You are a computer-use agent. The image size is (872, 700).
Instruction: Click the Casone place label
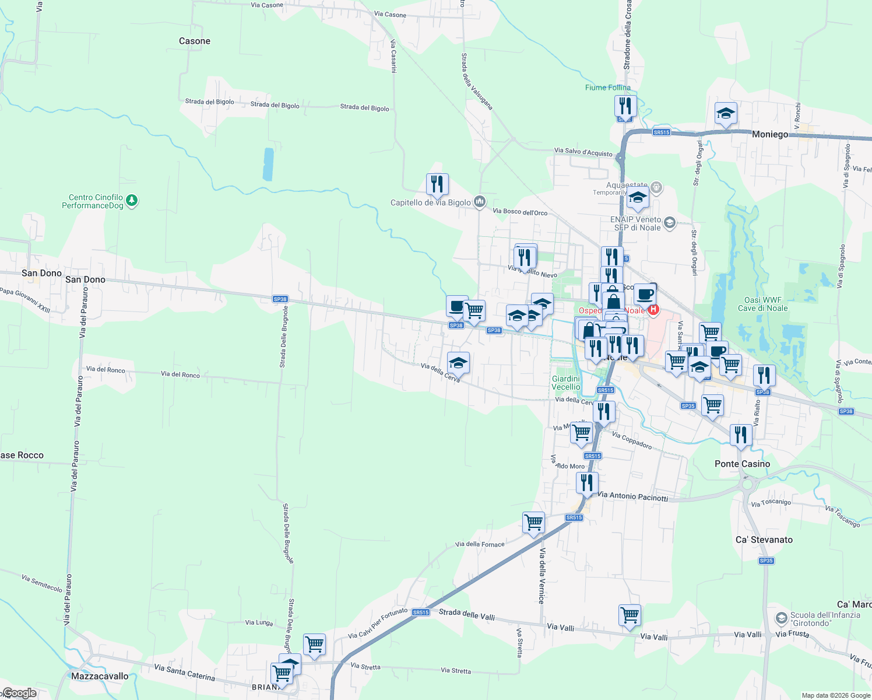click(x=195, y=41)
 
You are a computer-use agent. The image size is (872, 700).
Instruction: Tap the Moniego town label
click(x=769, y=134)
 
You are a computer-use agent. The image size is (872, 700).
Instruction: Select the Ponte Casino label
click(x=742, y=464)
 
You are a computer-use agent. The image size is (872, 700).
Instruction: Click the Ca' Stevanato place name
click(x=764, y=540)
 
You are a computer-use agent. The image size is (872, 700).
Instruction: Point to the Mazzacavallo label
click(x=100, y=676)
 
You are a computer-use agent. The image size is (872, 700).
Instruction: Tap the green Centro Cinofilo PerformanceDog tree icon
click(x=132, y=201)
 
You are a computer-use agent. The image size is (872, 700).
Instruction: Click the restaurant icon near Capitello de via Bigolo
click(x=437, y=184)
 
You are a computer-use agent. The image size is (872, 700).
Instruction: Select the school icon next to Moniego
click(x=726, y=113)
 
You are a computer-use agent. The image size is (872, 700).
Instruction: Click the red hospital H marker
click(x=653, y=310)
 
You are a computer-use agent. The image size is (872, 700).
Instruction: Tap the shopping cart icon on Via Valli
click(x=630, y=615)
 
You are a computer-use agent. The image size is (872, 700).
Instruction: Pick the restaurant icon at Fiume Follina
click(x=625, y=106)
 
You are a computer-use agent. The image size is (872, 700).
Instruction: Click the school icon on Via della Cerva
click(x=458, y=363)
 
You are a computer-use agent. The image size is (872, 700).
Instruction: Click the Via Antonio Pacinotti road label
click(x=633, y=496)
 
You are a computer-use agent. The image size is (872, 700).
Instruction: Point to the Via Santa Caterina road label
click(x=184, y=672)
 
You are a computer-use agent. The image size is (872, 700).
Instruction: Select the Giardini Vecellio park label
click(x=566, y=383)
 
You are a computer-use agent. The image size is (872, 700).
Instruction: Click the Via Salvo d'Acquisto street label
click(x=583, y=152)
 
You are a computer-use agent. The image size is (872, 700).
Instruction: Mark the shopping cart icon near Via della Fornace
click(x=533, y=523)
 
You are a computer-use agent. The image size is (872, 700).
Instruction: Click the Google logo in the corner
click(x=20, y=693)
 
